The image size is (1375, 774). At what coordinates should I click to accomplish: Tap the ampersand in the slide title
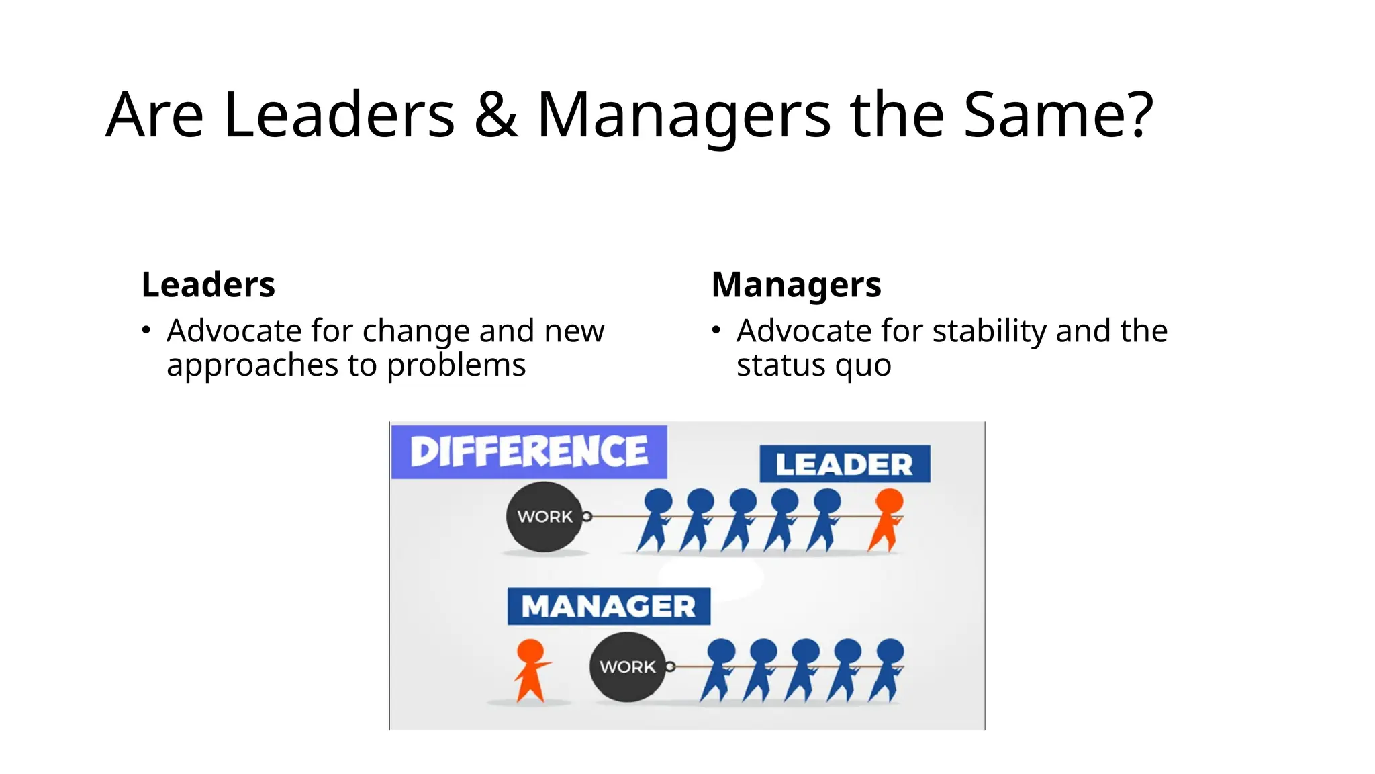(495, 115)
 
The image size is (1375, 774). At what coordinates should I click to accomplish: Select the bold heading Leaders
(208, 284)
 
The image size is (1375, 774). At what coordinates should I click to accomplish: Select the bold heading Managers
(796, 285)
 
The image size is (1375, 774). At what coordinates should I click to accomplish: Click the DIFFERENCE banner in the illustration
(529, 451)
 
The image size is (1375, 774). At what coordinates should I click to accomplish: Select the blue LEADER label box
(845, 464)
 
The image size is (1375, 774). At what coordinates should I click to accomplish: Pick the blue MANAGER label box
(608, 606)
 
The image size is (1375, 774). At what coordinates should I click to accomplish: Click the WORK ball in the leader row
(544, 517)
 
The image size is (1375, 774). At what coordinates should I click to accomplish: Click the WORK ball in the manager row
(627, 666)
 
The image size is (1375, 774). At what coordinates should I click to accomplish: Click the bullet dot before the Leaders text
(146, 330)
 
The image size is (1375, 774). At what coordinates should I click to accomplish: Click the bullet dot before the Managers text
(716, 330)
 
